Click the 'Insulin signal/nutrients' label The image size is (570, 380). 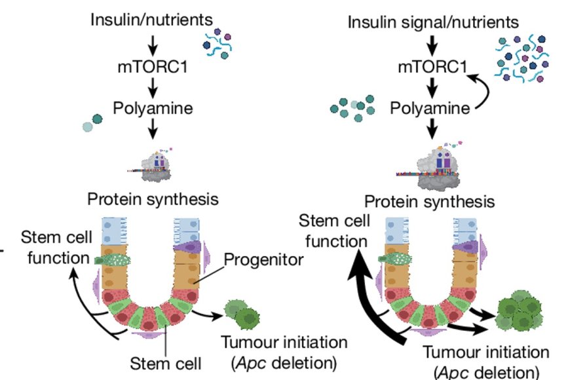point(433,23)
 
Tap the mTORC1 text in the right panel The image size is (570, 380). point(433,67)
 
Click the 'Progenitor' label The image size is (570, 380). point(264,260)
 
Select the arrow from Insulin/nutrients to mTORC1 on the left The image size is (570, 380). point(152,43)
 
